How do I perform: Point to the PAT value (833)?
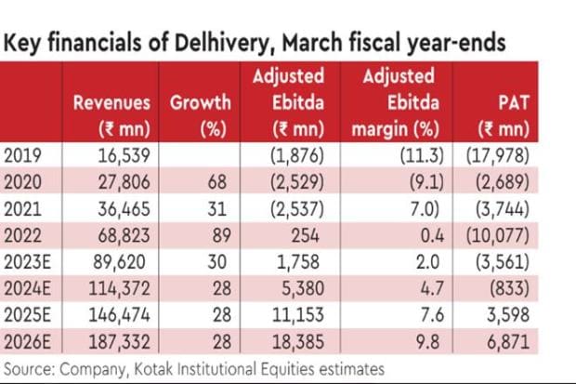pyautogui.click(x=537, y=298)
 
